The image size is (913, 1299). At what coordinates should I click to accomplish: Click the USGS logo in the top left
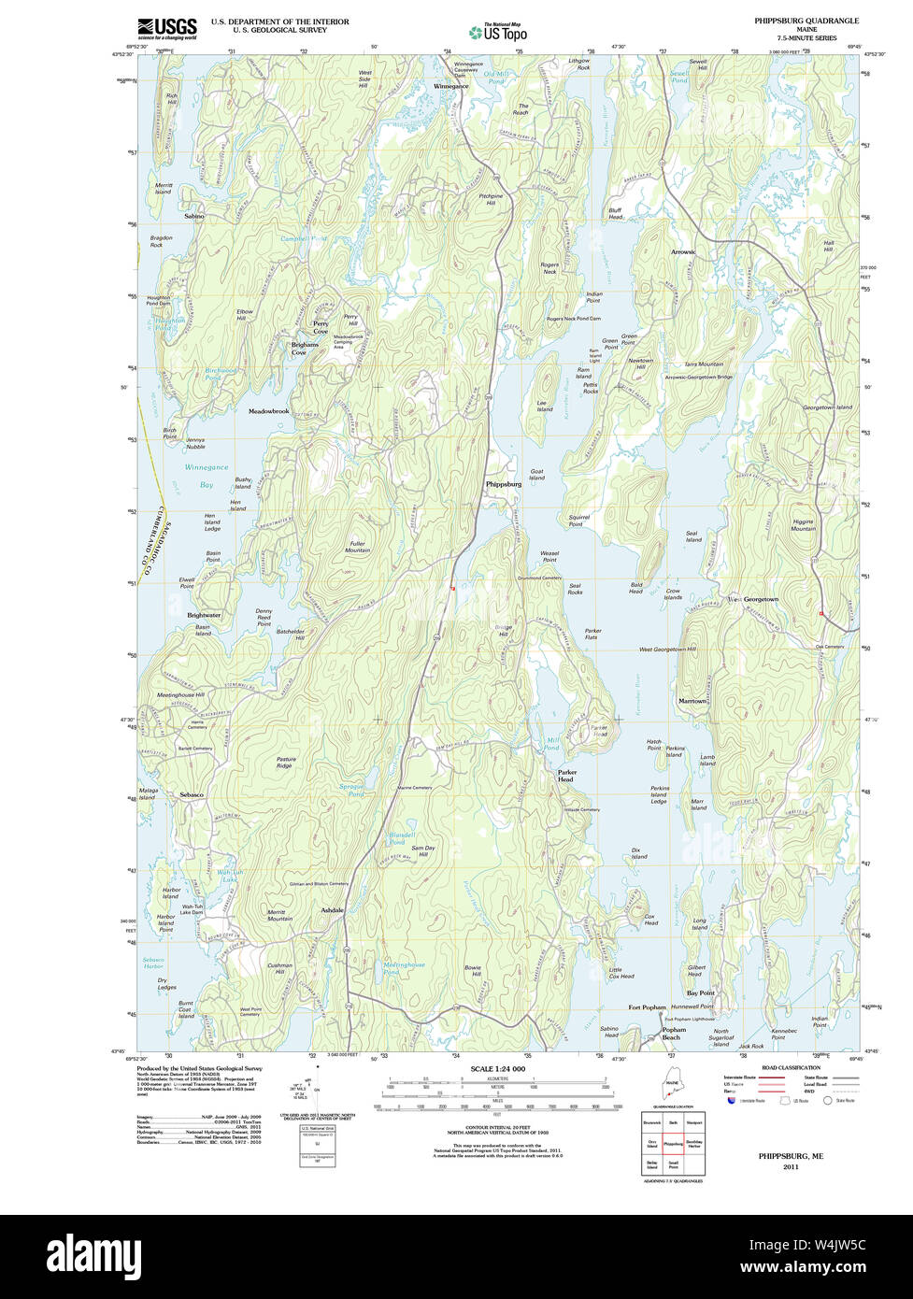(167, 28)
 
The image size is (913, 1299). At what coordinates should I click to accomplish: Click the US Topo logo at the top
(499, 32)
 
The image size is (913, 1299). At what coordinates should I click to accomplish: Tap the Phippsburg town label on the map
(504, 485)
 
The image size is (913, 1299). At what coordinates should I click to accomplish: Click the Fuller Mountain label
(358, 547)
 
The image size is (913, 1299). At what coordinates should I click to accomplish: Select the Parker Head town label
(566, 776)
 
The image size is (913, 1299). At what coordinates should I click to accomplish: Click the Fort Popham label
(647, 1007)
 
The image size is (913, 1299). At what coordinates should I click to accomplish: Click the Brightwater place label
(204, 615)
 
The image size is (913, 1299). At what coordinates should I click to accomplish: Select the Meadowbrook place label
(269, 411)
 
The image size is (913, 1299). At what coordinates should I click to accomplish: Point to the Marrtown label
(692, 701)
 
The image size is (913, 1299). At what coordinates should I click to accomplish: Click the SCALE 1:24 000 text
(498, 1069)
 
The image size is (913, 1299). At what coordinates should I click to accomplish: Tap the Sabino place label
(194, 216)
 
